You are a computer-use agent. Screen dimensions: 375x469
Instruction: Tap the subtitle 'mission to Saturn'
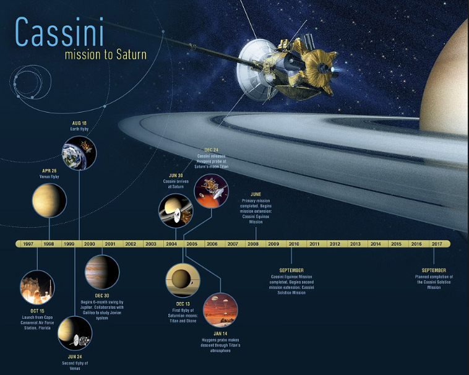[105, 54]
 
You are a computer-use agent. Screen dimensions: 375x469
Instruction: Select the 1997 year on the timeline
[28, 244]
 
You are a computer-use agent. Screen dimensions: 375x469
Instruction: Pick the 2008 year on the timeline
[252, 244]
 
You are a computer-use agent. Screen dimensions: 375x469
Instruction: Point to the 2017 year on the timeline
[437, 244]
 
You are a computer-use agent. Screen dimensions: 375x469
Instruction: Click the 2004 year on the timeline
[171, 244]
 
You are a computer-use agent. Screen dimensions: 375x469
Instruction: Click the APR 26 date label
[49, 170]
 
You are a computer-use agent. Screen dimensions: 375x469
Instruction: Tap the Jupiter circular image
[101, 272]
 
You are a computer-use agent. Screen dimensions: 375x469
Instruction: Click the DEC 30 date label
[102, 296]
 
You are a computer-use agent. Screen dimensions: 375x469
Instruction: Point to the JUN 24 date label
[75, 357]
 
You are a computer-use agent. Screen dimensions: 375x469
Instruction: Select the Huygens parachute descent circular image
[220, 310]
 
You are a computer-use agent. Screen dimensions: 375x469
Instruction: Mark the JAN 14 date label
[220, 334]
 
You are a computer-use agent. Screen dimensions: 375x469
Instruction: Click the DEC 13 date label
[183, 303]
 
